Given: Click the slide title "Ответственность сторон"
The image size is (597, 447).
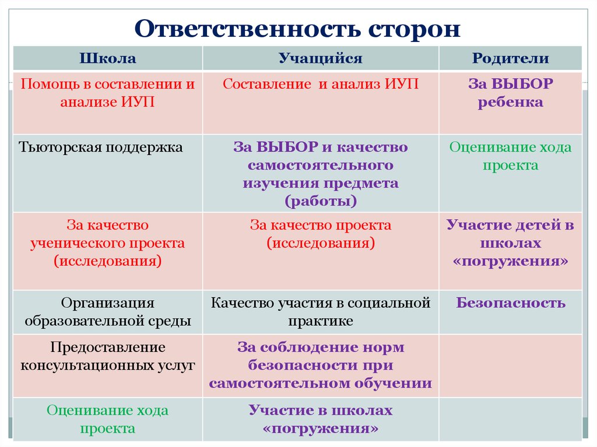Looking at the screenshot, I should [x=298, y=29].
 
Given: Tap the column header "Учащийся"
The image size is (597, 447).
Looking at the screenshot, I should [x=320, y=59].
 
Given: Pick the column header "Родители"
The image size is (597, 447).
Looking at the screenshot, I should [x=510, y=59].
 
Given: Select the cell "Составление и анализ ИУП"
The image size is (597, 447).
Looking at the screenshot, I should [x=320, y=84].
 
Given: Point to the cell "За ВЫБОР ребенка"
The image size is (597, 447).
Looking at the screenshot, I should [x=510, y=93].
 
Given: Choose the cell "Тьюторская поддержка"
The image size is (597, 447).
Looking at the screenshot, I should [x=101, y=147].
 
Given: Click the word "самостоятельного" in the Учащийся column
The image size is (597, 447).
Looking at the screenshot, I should [x=320, y=166].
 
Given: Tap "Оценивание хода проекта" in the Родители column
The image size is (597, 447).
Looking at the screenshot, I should [x=510, y=156].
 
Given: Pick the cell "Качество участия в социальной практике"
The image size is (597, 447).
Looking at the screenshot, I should [x=320, y=312].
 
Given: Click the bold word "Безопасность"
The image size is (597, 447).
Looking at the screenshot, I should [x=510, y=303].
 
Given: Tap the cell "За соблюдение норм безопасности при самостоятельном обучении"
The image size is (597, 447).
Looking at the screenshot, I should [x=320, y=365].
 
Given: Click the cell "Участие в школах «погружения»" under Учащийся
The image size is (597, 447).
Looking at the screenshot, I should [x=320, y=420].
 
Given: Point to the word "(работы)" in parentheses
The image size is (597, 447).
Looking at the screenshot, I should [x=320, y=202].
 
